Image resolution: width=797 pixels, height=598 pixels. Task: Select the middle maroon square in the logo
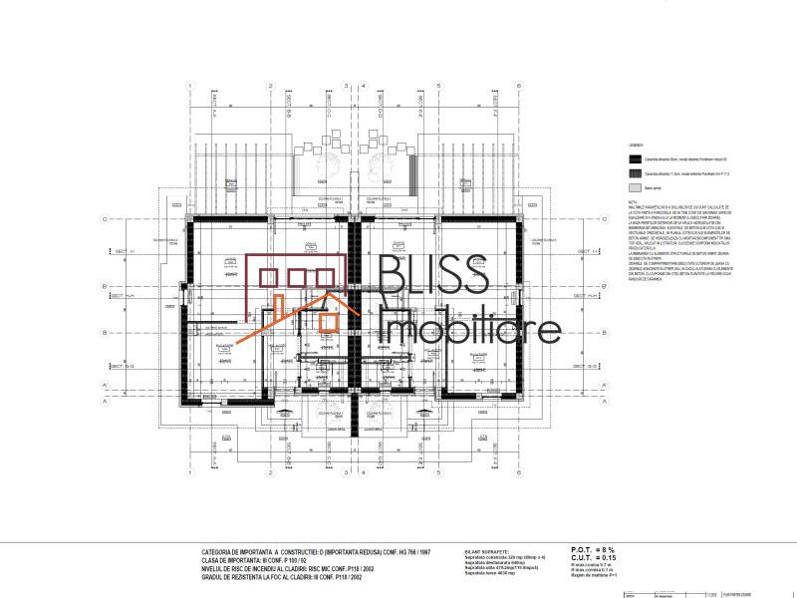(x=297, y=276)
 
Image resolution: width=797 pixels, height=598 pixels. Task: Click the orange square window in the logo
(x=327, y=320)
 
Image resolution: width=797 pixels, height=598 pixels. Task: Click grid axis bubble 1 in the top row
(x=189, y=86)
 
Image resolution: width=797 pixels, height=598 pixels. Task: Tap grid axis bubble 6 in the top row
(x=519, y=86)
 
